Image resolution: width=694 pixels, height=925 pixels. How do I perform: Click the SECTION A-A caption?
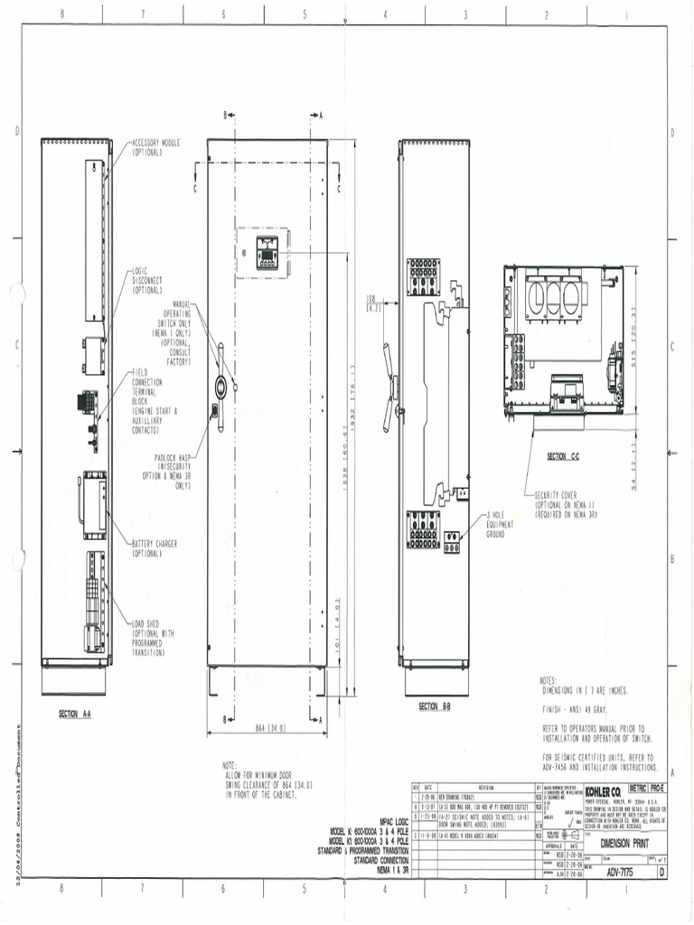75,714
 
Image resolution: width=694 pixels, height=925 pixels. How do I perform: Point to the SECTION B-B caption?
434,705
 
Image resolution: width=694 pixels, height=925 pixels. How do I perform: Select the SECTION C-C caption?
562,458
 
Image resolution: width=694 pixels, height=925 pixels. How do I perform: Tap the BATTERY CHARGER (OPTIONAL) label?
155,547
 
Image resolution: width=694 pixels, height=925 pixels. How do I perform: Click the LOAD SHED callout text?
153,637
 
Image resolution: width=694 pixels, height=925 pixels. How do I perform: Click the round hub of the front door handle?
220,386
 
